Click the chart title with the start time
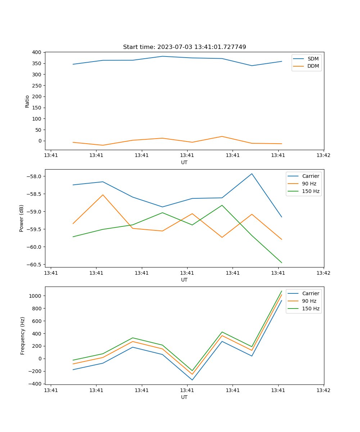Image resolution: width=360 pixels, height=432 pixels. (184, 47)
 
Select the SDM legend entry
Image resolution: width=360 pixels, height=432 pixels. (313, 59)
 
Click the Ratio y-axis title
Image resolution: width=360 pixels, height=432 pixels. (27, 101)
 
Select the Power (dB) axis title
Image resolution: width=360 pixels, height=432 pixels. (22, 218)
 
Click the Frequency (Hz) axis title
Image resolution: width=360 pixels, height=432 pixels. (22, 336)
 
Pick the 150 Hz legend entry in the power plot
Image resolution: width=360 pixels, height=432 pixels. (311, 191)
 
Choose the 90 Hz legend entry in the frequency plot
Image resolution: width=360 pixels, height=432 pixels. (309, 301)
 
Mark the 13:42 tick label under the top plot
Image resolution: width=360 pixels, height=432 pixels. (323, 156)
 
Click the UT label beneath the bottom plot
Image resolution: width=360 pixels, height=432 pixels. (184, 397)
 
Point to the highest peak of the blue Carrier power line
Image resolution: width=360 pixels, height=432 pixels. (252, 174)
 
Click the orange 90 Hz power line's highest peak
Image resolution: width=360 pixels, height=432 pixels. (103, 195)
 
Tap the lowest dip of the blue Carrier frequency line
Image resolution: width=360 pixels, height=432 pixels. (192, 380)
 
